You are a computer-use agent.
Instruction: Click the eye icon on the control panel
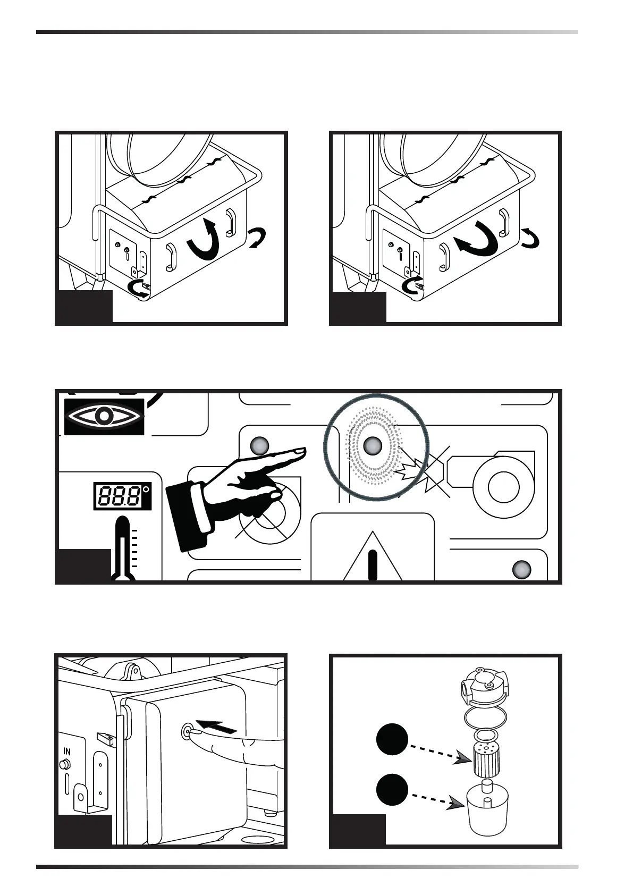(104, 416)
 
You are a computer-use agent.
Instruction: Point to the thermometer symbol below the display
(123, 550)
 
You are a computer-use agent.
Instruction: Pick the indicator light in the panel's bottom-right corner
(521, 570)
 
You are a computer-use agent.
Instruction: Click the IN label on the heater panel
(67, 752)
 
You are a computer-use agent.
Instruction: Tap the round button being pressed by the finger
(187, 730)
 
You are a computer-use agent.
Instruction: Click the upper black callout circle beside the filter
(392, 740)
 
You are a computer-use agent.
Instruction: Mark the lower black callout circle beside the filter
(392, 790)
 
